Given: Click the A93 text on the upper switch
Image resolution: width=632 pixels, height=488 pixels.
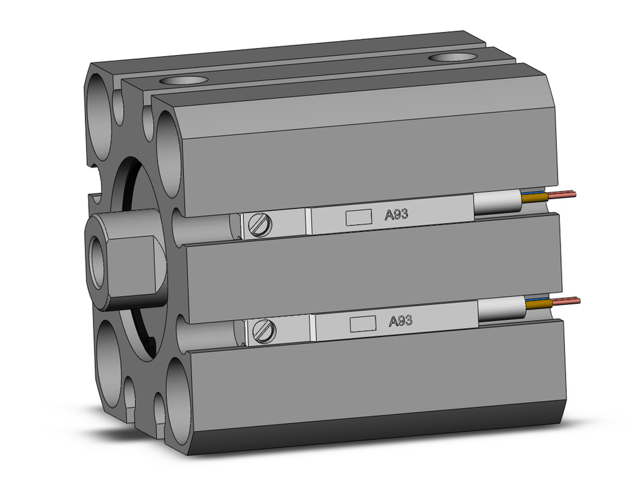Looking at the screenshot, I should pos(397,214).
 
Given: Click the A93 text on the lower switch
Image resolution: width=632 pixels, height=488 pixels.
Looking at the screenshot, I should pos(400,321).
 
